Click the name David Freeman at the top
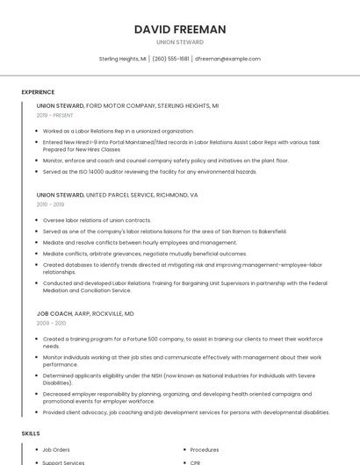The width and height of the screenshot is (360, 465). coord(180,29)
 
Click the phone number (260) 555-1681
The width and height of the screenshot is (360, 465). coord(170,59)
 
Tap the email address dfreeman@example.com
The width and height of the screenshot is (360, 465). coord(227,59)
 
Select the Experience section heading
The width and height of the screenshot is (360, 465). coord(38,92)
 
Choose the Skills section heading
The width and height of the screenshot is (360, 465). coord(31,433)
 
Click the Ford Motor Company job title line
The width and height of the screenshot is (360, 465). coord(127,105)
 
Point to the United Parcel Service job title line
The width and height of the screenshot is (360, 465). coord(117,195)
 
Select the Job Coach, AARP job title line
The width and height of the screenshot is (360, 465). coord(85,313)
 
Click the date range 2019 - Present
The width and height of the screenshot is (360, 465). coord(55,115)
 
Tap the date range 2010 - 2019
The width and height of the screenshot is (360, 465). coord(49,204)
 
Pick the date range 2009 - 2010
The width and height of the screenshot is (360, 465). coord(50,323)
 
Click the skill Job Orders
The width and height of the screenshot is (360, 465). coord(57,449)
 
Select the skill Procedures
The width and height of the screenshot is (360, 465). coord(205,449)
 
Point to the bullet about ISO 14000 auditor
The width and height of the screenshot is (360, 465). coord(149,172)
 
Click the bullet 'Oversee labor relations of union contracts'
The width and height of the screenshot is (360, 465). coord(97,220)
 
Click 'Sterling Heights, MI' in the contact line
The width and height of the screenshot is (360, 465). coord(122,59)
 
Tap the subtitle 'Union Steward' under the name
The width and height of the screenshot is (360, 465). coord(180,42)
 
